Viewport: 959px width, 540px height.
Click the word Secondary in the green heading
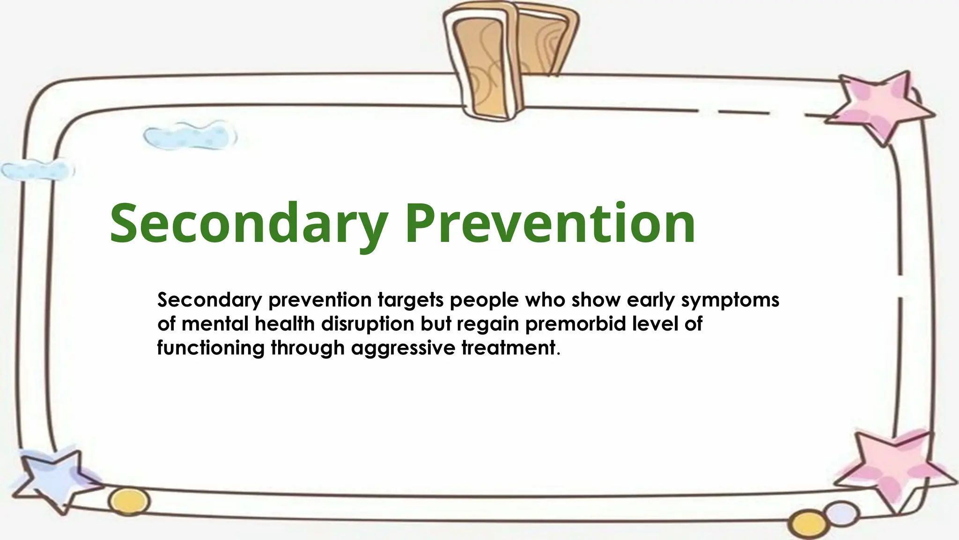(248, 224)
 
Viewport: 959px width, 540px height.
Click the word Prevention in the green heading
(550, 224)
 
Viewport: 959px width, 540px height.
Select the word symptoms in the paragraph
(730, 300)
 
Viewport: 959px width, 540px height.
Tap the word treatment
(509, 348)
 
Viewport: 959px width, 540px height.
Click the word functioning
(211, 348)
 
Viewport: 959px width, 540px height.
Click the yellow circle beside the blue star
(129, 501)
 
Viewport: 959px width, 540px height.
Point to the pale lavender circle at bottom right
(842, 513)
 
